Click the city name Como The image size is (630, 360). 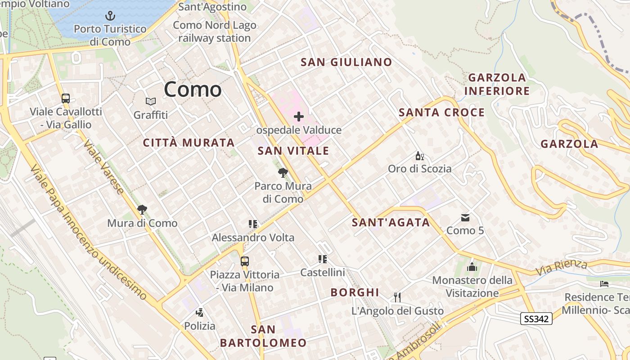tap(193, 89)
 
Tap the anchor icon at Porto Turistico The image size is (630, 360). tap(110, 16)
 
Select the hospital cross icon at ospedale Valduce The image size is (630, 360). tap(299, 117)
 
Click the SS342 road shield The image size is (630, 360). tap(536, 319)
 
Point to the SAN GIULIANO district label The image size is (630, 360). tap(346, 62)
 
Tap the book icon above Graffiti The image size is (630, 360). tap(150, 102)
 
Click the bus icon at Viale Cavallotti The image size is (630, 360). tap(66, 98)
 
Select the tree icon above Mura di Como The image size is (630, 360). tap(142, 209)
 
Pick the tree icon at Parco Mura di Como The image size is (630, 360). tap(283, 172)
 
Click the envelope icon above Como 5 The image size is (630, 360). tap(465, 218)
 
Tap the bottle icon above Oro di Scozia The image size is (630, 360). tap(419, 156)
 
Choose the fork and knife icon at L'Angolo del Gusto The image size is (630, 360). tap(397, 297)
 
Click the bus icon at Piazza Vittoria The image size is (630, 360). tap(244, 261)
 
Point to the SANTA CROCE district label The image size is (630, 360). tap(441, 112)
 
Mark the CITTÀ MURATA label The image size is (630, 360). tap(189, 143)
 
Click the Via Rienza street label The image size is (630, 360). tap(562, 268)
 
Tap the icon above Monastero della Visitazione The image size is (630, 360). tap(472, 267)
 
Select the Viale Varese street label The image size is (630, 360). tap(103, 166)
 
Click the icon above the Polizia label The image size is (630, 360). tap(199, 312)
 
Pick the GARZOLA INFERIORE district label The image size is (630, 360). tap(497, 84)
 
